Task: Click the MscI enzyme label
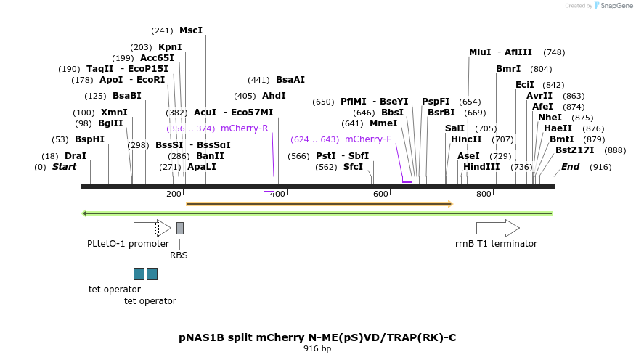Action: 191,30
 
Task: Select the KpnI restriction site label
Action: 170,47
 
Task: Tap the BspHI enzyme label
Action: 89,139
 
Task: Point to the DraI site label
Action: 76,156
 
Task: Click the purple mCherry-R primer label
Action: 245,128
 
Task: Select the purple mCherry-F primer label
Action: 368,139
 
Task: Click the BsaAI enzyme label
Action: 290,80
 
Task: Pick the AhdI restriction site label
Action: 274,96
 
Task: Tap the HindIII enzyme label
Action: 481,167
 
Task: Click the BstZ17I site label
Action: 575,150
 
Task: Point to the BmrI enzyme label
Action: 508,69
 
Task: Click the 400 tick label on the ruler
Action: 277,194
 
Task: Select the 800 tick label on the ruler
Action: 484,194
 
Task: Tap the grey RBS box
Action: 180,228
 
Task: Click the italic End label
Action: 571,167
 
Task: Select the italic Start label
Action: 64,167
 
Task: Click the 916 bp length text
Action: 317,349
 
